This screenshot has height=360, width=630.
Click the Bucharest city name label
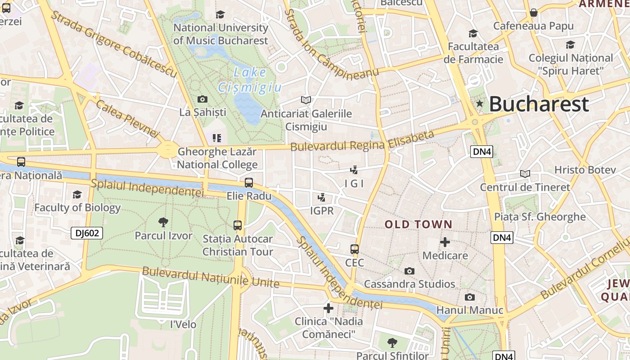pyautogui.click(x=539, y=104)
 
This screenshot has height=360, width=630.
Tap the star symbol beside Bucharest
pyautogui.click(x=480, y=104)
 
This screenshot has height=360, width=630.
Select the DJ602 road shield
pyautogui.click(x=87, y=233)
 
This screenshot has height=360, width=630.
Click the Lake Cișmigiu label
pyautogui.click(x=250, y=80)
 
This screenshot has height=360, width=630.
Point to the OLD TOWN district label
pyautogui.click(x=418, y=224)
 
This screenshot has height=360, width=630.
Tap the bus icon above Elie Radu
pyautogui.click(x=249, y=183)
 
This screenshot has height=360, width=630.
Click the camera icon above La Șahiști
pyautogui.click(x=202, y=99)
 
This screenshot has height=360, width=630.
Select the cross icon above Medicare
pyautogui.click(x=445, y=242)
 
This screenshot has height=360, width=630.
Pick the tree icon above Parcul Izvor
pyautogui.click(x=163, y=222)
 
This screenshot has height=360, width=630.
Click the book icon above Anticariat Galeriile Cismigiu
pyautogui.click(x=306, y=100)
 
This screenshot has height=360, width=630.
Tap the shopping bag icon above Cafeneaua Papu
pyautogui.click(x=533, y=13)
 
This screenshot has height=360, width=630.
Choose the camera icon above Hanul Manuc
pyautogui.click(x=470, y=297)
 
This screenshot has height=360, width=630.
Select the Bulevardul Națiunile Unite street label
pyautogui.click(x=211, y=277)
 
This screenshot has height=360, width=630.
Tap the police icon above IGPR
pyautogui.click(x=321, y=197)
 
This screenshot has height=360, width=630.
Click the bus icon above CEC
pyautogui.click(x=355, y=249)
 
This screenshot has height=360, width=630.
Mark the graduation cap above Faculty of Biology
pyautogui.click(x=77, y=194)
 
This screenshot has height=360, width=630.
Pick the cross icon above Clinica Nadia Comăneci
pyautogui.click(x=328, y=308)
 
